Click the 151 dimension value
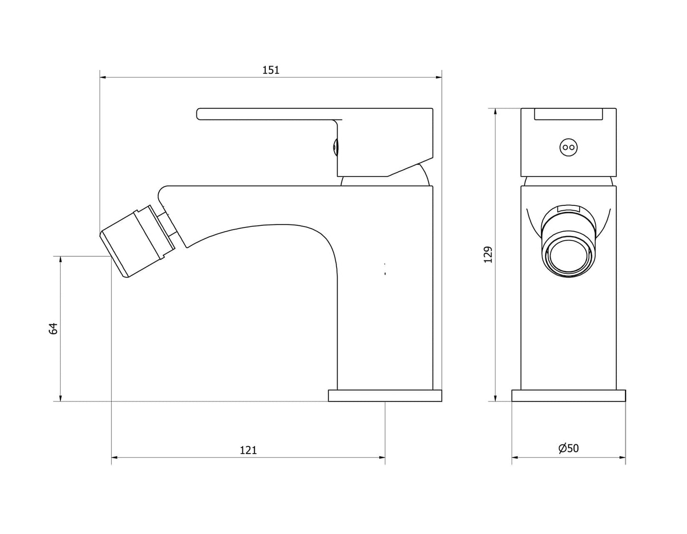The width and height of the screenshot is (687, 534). coord(271,70)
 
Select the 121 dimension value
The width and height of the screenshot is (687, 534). coord(248,450)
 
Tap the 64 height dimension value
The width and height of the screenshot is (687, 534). coord(53,328)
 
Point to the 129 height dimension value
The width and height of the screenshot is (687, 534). coord(488,254)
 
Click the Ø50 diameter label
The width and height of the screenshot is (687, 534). coord(569,448)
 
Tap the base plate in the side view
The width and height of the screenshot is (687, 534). coord(385,396)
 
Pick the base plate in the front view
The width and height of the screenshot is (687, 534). coord(569,396)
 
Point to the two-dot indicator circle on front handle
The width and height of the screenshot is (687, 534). coord(569,147)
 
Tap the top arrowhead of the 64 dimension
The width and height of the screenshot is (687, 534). coord(60,260)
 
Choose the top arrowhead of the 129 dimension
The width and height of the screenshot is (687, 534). coord(495,112)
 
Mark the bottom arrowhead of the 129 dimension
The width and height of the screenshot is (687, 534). coord(495,398)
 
